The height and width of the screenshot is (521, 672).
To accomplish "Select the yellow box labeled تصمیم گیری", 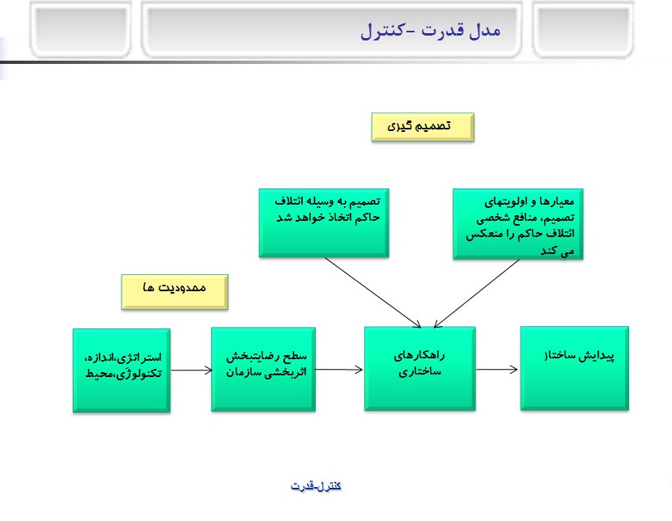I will coord(423,127).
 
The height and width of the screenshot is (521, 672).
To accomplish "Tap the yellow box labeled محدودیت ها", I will coord(175,291).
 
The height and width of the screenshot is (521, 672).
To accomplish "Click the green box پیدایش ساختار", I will coord(572,368).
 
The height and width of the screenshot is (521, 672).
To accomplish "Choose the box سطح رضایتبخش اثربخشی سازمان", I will coord(263,369).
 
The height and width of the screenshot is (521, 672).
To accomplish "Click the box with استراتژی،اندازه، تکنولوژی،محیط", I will coord(121,370).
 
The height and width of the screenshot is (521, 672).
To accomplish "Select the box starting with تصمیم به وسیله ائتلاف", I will coord(324,222).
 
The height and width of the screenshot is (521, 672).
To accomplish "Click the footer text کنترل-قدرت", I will coord(316,485).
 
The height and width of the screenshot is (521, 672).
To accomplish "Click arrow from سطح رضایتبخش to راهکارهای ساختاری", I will coord(339,370).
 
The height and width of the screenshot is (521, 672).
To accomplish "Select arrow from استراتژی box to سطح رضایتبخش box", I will coord(191,370).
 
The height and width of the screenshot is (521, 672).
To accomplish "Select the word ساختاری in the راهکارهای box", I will coord(419,373).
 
